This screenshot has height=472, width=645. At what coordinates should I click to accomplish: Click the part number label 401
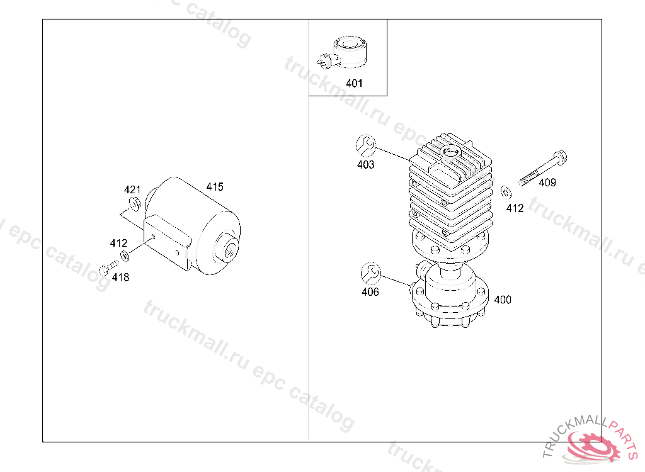click(x=354, y=84)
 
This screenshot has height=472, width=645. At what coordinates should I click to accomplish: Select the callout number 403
click(x=366, y=165)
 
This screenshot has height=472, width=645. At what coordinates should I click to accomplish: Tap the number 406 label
click(x=370, y=292)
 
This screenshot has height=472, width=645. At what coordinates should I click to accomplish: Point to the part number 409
click(x=547, y=183)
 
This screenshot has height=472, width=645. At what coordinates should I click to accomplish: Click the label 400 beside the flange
click(x=503, y=300)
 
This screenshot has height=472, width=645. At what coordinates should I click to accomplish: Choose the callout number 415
click(x=215, y=187)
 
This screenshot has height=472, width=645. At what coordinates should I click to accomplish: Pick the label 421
click(x=132, y=189)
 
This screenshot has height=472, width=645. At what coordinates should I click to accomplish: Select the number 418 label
click(x=120, y=278)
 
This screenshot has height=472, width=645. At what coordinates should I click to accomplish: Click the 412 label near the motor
click(x=118, y=243)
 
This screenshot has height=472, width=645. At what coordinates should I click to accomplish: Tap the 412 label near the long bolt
click(x=515, y=208)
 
